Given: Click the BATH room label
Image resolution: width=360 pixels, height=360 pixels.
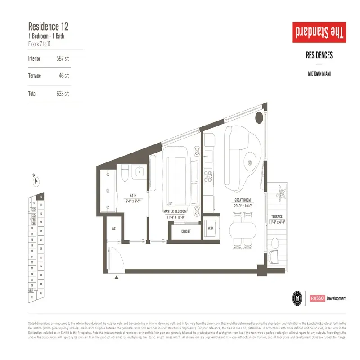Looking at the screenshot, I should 133,196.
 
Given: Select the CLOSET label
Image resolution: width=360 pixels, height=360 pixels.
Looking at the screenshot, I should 186,231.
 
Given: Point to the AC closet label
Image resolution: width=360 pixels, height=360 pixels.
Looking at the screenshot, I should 114,229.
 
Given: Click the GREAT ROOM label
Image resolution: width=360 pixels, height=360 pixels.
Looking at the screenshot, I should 242,200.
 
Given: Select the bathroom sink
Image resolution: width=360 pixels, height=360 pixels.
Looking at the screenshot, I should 140,171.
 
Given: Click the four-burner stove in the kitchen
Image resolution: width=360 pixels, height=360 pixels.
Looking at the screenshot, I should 208,175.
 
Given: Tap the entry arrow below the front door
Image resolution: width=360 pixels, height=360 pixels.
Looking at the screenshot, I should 117,278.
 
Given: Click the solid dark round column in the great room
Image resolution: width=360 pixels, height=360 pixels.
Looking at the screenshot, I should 260,118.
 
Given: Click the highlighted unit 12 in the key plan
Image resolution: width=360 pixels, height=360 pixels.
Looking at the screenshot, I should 41,197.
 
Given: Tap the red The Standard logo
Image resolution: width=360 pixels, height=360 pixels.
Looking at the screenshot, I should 318,33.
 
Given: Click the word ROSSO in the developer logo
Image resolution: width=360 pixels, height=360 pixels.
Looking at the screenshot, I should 316,298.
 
